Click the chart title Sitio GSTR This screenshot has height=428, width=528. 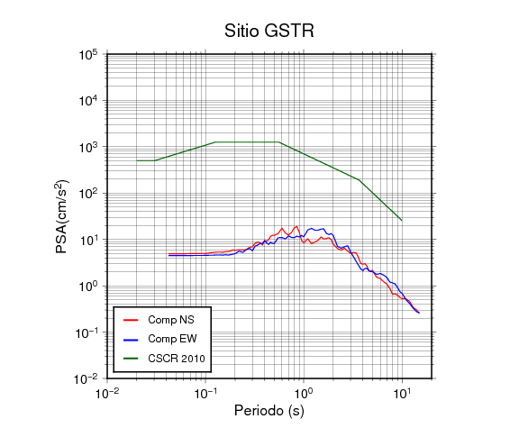pyautogui.click(x=269, y=31)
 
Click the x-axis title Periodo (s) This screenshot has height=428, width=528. pyautogui.click(x=269, y=411)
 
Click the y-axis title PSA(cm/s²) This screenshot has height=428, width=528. pyautogui.click(x=62, y=217)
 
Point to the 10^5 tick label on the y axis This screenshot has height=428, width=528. pyautogui.click(x=88, y=55)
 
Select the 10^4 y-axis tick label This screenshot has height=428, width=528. pyautogui.click(x=88, y=101)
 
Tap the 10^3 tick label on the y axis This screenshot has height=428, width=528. pyautogui.click(x=88, y=147)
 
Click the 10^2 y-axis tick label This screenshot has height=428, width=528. pyautogui.click(x=88, y=194)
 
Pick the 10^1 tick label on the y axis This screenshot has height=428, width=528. pyautogui.click(x=88, y=240)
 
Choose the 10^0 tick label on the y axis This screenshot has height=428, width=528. pyautogui.click(x=88, y=287)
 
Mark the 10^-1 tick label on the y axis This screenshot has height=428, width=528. pyautogui.click(x=86, y=332)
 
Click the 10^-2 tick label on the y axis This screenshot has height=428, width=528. pyautogui.click(x=86, y=379)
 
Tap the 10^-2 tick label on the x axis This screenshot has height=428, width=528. pyautogui.click(x=107, y=393)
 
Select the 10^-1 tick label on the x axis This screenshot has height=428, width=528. pyautogui.click(x=205, y=393)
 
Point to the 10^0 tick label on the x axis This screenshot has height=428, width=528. pyautogui.click(x=304, y=393)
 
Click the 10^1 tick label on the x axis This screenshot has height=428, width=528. pyautogui.click(x=403, y=393)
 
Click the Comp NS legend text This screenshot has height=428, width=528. pyautogui.click(x=171, y=320)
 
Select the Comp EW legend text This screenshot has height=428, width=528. pyautogui.click(x=172, y=339)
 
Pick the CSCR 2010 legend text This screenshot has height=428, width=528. pyautogui.click(x=177, y=359)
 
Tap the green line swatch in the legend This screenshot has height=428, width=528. pyautogui.click(x=131, y=359)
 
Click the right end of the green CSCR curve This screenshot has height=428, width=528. pyautogui.click(x=402, y=221)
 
